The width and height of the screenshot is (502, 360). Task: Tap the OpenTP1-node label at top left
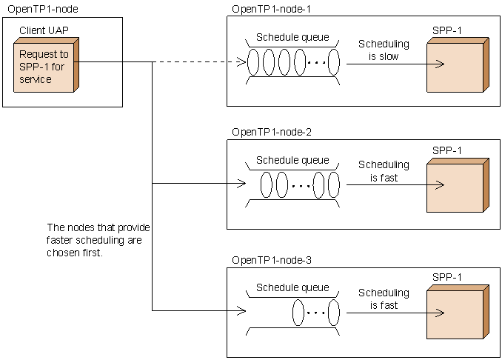42,8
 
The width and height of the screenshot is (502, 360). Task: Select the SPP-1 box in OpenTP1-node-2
455,185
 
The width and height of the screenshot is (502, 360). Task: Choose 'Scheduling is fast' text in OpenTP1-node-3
384,299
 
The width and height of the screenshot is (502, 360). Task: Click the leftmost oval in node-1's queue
253,62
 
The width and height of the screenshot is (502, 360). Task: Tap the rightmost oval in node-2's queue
334,184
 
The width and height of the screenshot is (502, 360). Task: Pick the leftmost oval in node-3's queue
298,311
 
